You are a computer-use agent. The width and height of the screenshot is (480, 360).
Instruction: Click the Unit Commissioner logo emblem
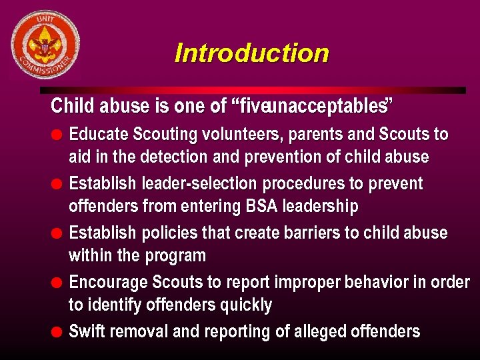[45, 45]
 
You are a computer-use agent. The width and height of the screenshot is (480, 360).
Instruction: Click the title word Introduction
[251, 53]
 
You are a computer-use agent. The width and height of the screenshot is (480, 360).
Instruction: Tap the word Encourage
[107, 282]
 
